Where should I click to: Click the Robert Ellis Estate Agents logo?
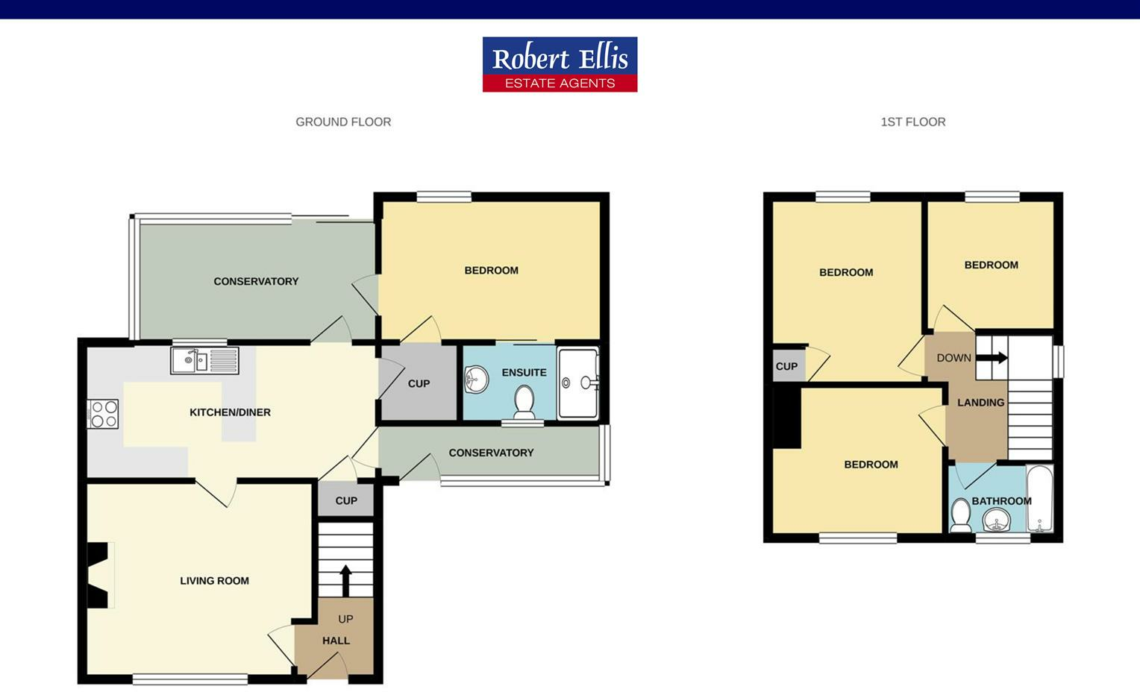pyautogui.click(x=560, y=64)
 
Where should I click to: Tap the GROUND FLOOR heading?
pyautogui.click(x=343, y=122)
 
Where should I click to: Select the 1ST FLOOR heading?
pyautogui.click(x=912, y=122)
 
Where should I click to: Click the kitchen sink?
pyautogui.click(x=204, y=361)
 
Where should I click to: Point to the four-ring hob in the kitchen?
pyautogui.click(x=103, y=415)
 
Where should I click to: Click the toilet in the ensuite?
pyautogui.click(x=524, y=401)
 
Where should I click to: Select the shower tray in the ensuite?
pyautogui.click(x=578, y=383)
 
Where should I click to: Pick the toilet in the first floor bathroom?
pyautogui.click(x=960, y=515)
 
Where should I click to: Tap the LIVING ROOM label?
pyautogui.click(x=214, y=580)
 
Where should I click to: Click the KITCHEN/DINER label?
pyautogui.click(x=230, y=412)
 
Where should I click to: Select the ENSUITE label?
pyautogui.click(x=524, y=372)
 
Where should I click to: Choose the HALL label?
pyautogui.click(x=336, y=640)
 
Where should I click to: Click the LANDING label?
pyautogui.click(x=980, y=402)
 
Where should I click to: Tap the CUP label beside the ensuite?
pyautogui.click(x=419, y=383)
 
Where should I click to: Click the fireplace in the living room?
pyautogui.click(x=99, y=575)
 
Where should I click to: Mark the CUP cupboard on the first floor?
pyautogui.click(x=787, y=366)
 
